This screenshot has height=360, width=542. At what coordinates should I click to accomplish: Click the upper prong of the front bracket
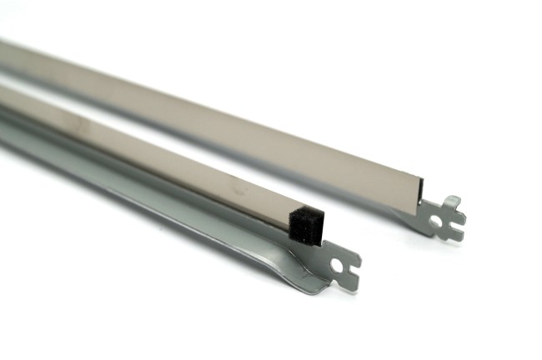coord(351,257)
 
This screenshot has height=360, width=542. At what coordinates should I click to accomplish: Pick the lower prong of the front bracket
coord(349,283)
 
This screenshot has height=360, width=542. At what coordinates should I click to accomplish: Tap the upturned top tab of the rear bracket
coord(452,202)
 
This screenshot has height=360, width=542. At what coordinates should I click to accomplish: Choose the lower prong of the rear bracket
coord(454,236)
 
